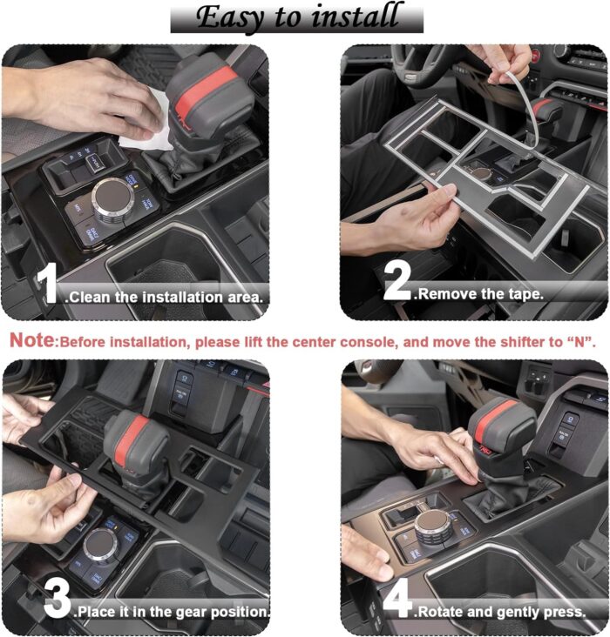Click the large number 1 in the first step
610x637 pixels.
47,283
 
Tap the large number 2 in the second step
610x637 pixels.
397,280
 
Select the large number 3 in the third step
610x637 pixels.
58,599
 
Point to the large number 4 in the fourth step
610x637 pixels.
397,598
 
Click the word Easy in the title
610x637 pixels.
230,17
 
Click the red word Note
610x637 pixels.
31,339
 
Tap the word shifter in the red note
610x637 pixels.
524,342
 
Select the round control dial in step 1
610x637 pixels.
112,199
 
